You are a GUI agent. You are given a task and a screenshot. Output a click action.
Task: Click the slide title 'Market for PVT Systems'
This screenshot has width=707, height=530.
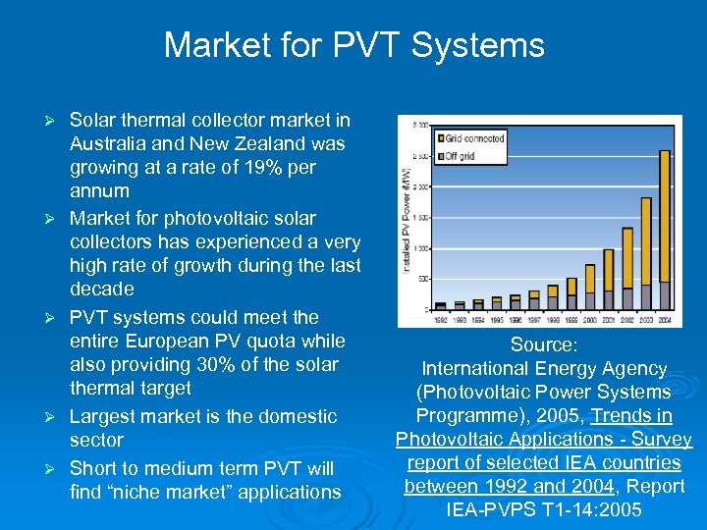click(353, 45)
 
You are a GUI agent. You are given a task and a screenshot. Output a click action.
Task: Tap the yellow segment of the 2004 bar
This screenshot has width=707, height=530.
click(665, 215)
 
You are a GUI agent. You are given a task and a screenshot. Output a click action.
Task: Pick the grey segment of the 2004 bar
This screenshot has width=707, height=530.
click(665, 295)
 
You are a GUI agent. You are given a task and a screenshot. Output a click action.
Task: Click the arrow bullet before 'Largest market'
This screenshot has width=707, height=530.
click(56, 417)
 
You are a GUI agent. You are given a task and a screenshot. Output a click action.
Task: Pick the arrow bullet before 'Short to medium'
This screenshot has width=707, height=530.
click(56, 469)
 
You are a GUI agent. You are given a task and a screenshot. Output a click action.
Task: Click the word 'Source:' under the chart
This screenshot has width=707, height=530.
click(544, 345)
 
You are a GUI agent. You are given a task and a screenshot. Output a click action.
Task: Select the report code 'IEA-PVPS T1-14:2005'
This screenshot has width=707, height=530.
click(544, 509)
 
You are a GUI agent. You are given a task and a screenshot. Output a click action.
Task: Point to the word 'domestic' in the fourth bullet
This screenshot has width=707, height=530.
click(299, 416)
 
